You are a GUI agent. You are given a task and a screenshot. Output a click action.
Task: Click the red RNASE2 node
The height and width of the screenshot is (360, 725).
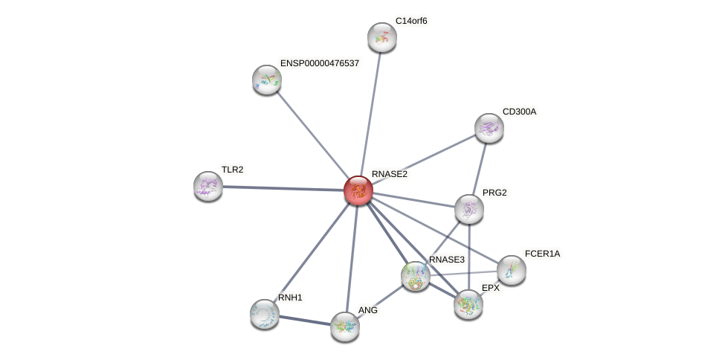[358, 190]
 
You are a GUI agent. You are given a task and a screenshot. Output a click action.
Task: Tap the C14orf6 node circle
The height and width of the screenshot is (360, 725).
[382, 37]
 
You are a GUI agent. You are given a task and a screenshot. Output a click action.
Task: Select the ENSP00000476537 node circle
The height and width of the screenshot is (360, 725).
[267, 80]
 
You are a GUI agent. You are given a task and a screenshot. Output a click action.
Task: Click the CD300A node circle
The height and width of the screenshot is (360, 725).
[489, 128]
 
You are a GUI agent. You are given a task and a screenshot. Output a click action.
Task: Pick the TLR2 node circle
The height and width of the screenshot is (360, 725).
[208, 186]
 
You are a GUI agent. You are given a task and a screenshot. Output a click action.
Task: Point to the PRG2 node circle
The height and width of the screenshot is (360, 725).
[469, 209]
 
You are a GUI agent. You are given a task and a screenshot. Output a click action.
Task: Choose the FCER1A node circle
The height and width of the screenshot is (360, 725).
[512, 270]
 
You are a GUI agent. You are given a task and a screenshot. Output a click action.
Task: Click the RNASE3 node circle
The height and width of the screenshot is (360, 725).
[416, 276]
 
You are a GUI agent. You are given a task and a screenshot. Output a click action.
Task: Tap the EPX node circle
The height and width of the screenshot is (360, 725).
[468, 303]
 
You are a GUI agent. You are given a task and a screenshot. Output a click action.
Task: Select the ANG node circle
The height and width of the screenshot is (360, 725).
[345, 326]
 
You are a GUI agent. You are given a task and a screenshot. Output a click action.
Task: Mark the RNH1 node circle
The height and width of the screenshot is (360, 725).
[265, 314]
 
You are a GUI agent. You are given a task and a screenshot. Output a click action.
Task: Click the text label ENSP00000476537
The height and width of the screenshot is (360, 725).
[320, 63]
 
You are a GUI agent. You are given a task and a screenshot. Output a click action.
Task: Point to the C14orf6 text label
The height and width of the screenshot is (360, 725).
[411, 21]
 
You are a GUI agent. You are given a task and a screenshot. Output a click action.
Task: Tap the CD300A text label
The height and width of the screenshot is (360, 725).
[519, 112]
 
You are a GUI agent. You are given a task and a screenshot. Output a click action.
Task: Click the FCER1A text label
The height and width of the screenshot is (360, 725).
[542, 254]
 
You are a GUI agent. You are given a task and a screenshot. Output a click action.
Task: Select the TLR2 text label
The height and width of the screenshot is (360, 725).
[232, 170]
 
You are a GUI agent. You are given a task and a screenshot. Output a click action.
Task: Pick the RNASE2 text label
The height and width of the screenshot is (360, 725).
[390, 174]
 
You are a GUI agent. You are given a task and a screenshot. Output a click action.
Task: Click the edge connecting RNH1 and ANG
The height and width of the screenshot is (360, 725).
[305, 320]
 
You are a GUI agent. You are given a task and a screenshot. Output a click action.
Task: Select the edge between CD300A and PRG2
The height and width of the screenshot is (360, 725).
[480, 167]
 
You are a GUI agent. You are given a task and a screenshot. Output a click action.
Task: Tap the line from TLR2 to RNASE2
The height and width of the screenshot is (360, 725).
[283, 188]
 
